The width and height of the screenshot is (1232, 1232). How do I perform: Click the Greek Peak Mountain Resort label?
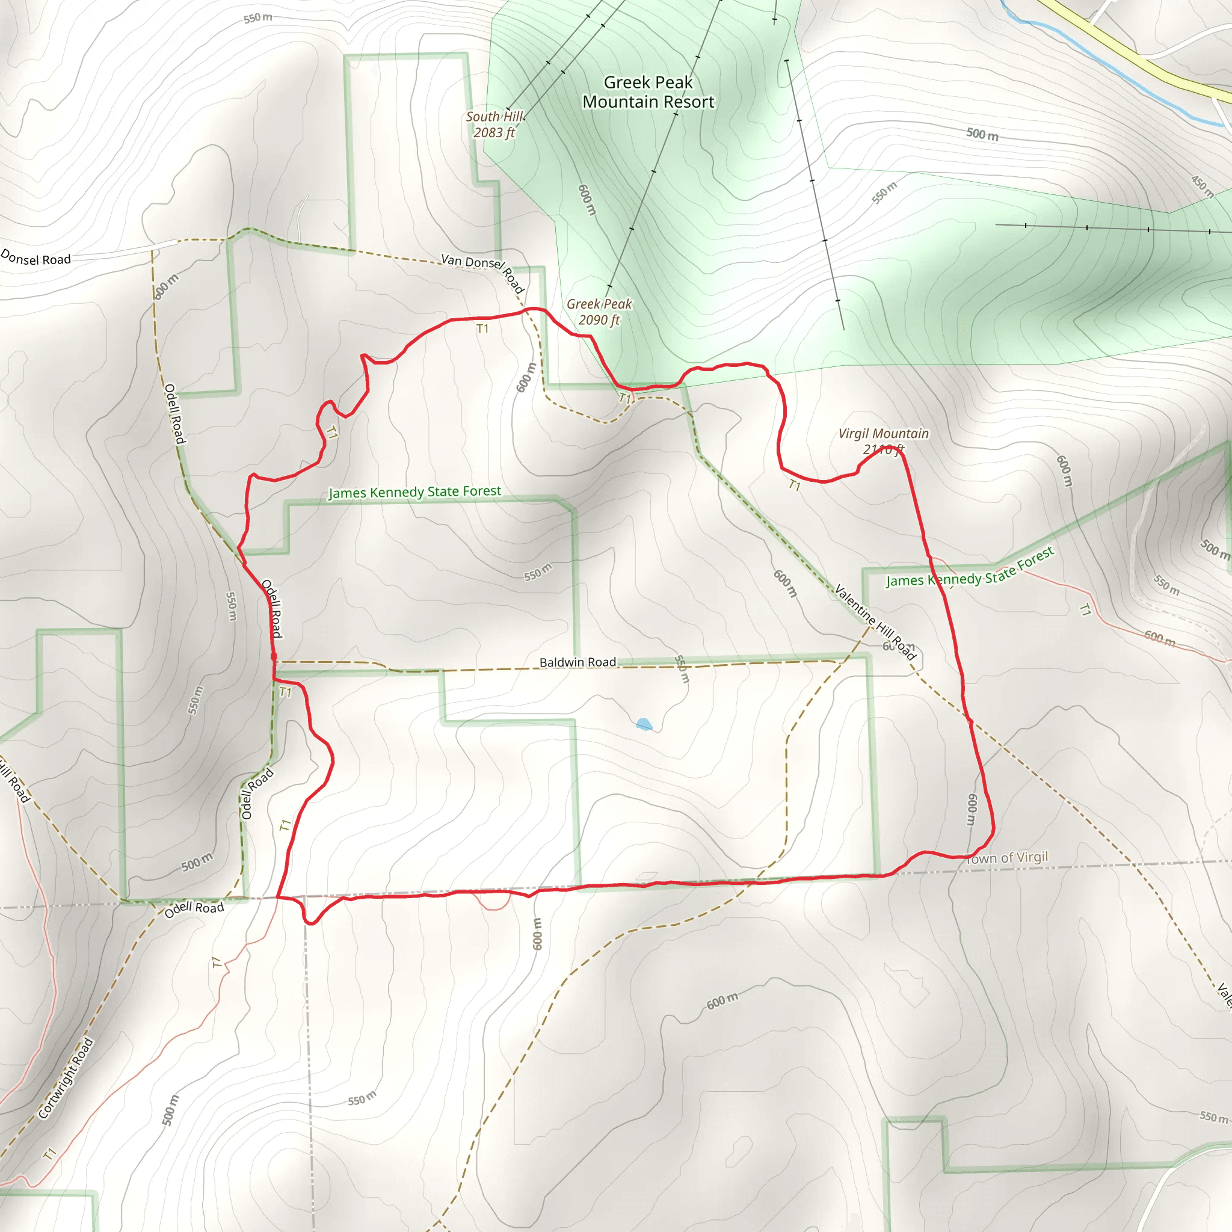coord(648,92)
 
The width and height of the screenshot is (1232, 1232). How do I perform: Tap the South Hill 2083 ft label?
coord(494,125)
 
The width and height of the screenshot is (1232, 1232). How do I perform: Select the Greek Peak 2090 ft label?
coord(599,312)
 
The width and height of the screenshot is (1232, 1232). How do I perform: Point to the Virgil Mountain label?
coord(883,434)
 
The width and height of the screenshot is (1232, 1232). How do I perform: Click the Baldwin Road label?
coord(577,662)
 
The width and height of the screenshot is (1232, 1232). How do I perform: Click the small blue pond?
coord(644,724)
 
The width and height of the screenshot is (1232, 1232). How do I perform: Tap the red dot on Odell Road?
coord(274,656)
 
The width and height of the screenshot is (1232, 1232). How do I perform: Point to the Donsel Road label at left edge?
coord(35,258)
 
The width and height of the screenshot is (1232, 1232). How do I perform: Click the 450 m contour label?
coord(1201,185)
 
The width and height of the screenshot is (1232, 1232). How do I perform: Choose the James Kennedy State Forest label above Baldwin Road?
coord(414,491)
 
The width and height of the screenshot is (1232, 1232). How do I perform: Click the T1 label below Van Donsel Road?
coord(482,328)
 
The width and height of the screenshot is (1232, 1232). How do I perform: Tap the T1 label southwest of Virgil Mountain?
coord(795,485)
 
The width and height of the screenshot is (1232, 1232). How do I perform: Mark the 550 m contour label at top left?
coord(257,18)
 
